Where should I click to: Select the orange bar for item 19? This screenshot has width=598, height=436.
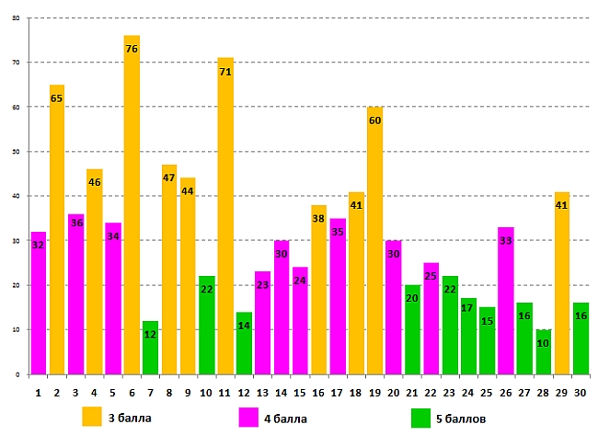pyautogui.click(x=374, y=240)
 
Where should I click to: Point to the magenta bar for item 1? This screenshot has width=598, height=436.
pyautogui.click(x=39, y=303)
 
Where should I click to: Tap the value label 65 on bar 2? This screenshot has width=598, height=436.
pyautogui.click(x=57, y=98)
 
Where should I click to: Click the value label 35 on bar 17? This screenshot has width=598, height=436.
pyautogui.click(x=338, y=232)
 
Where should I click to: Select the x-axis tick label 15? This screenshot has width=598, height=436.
pyautogui.click(x=300, y=391)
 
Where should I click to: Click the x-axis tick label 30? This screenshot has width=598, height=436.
pyautogui.click(x=580, y=391)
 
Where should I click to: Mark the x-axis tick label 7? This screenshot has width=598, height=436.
pyautogui.click(x=151, y=391)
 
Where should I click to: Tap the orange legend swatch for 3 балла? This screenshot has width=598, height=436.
pyautogui.click(x=92, y=418)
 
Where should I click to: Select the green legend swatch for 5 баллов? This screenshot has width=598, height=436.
pyautogui.click(x=420, y=418)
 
